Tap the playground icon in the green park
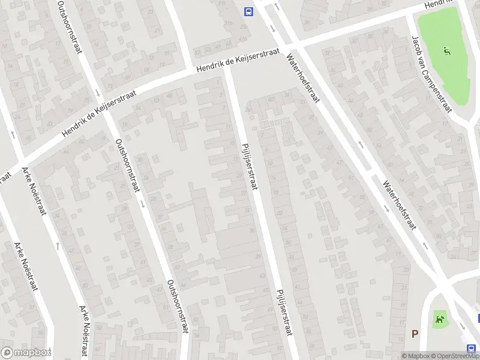446,52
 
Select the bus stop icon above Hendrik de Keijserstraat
246,11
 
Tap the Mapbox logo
26,353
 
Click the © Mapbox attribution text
415,355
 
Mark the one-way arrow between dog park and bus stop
463,326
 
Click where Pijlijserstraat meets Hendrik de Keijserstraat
230,67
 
